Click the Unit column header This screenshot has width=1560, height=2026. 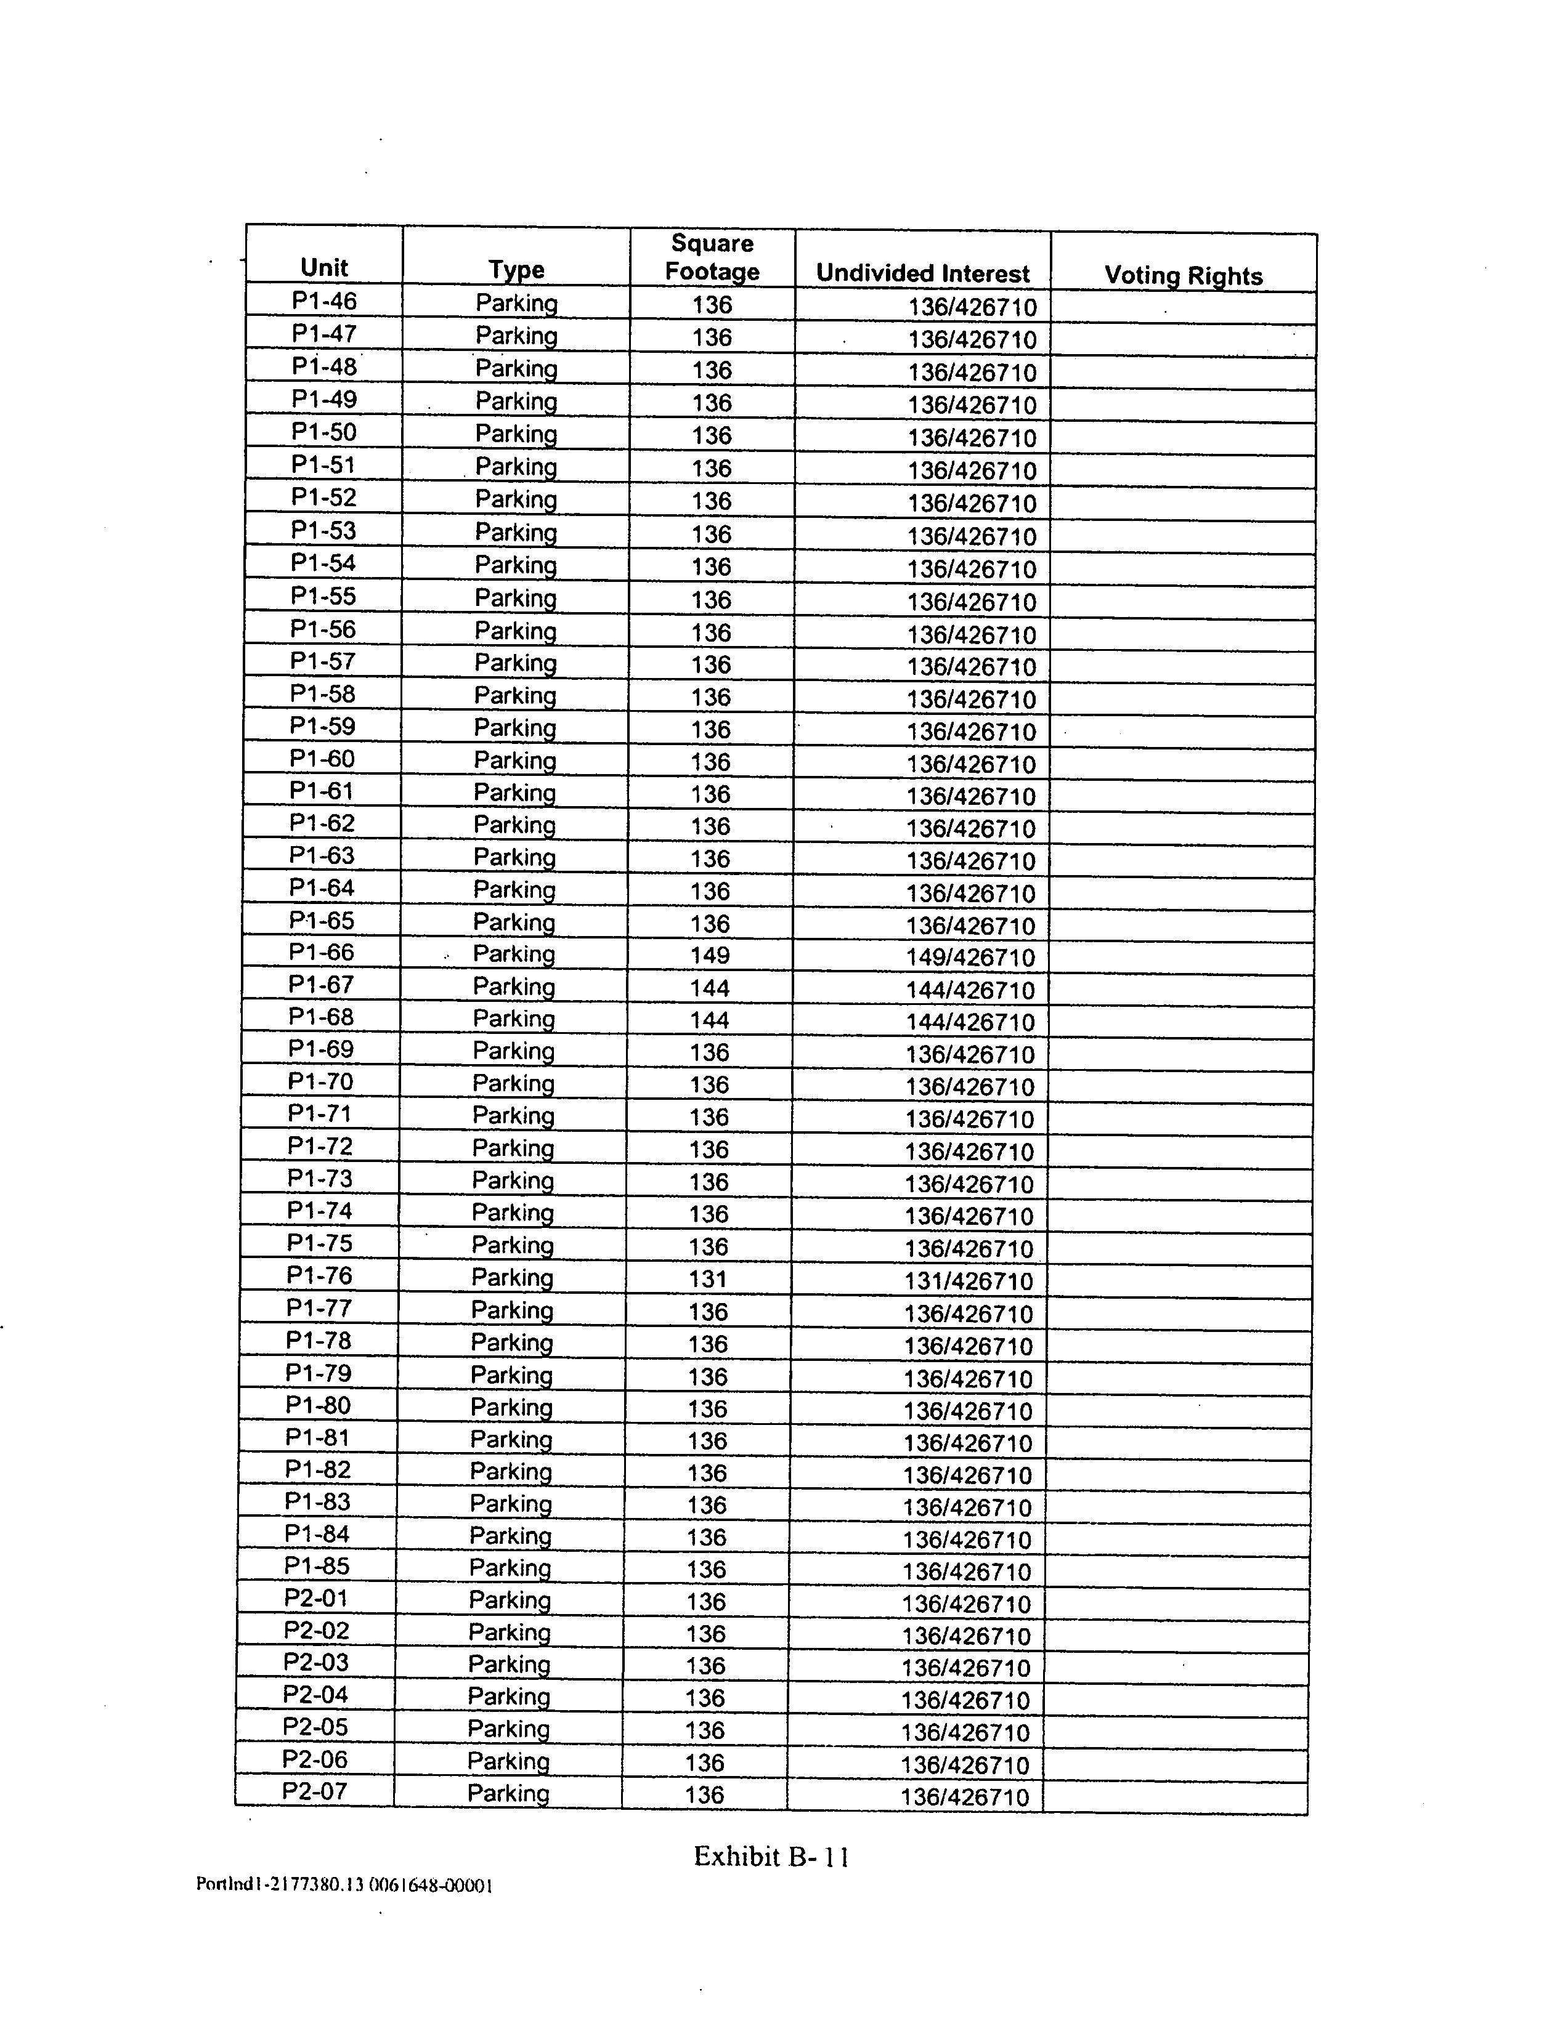(324, 268)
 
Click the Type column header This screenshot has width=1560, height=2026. (516, 270)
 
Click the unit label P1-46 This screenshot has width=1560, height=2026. (324, 301)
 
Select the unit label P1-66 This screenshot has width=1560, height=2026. (321, 953)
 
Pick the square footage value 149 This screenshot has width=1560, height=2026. (710, 956)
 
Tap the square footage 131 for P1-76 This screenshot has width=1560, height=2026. (708, 1279)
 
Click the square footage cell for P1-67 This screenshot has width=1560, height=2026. (710, 988)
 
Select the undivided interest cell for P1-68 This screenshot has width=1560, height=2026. (970, 1022)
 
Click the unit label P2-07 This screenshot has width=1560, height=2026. (315, 1791)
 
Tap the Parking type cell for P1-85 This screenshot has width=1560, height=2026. (510, 1568)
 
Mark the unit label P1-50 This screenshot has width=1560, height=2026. (324, 432)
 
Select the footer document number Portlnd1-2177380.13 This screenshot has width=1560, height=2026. (279, 1885)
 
